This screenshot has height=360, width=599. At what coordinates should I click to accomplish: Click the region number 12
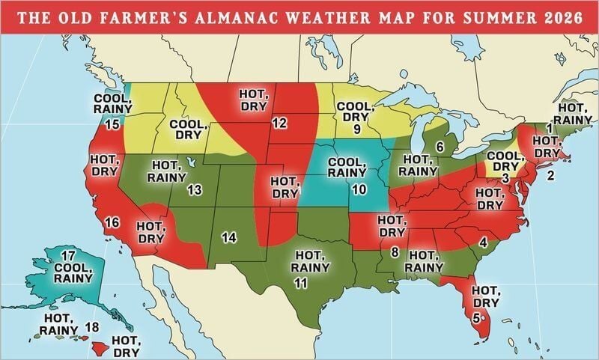pyautogui.click(x=280, y=123)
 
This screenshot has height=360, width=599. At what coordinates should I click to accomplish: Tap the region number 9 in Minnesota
pyautogui.click(x=357, y=129)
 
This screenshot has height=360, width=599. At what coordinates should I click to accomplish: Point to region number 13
pyautogui.click(x=195, y=190)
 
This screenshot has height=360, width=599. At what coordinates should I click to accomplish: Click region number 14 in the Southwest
pyautogui.click(x=229, y=237)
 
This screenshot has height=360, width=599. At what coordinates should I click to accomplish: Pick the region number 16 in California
pyautogui.click(x=112, y=222)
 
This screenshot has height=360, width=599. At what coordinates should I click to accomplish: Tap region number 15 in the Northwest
pyautogui.click(x=113, y=124)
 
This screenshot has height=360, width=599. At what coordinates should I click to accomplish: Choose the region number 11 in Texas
pyautogui.click(x=301, y=282)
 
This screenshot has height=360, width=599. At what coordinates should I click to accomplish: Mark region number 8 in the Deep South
pyautogui.click(x=394, y=252)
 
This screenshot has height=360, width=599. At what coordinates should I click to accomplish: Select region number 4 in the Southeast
pyautogui.click(x=484, y=242)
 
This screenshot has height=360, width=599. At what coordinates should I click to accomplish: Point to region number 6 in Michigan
pyautogui.click(x=440, y=145)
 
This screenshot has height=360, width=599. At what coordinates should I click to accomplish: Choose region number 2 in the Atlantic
pyautogui.click(x=550, y=177)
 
